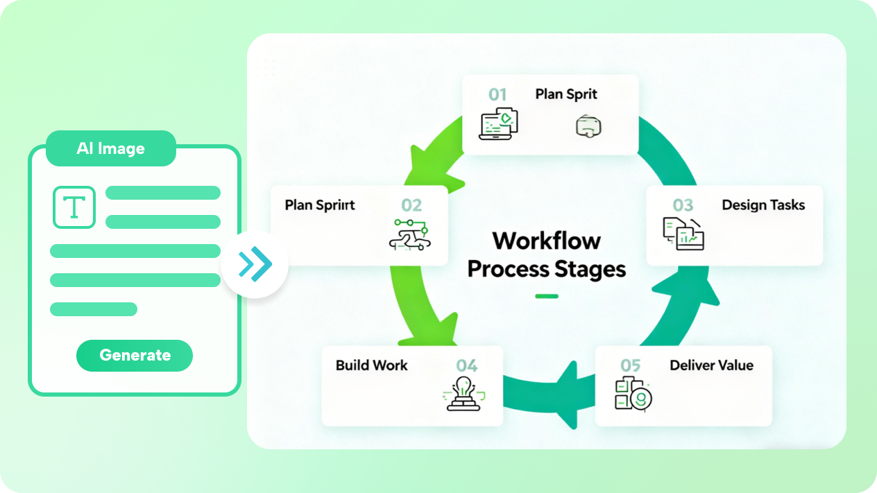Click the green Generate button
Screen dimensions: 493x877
(x=135, y=355)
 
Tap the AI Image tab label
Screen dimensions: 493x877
(x=111, y=148)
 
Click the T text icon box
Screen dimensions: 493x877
(x=74, y=207)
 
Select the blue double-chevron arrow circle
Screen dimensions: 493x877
(x=255, y=264)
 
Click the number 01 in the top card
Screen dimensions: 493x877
(x=497, y=94)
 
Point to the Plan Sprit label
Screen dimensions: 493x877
(x=566, y=94)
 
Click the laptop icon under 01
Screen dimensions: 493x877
(x=500, y=123)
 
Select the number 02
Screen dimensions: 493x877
(x=411, y=205)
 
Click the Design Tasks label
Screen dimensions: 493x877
(x=763, y=205)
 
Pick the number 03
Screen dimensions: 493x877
(x=683, y=205)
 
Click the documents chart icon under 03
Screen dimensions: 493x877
(x=683, y=234)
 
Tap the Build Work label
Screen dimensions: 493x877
(x=372, y=365)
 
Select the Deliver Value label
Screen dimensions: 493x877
(x=711, y=365)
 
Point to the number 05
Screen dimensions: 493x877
(x=631, y=365)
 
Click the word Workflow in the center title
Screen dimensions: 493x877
(x=547, y=241)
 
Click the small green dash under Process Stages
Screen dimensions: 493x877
(x=547, y=297)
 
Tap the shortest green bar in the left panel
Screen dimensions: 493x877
(x=94, y=309)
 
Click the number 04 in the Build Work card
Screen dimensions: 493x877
(x=466, y=365)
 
